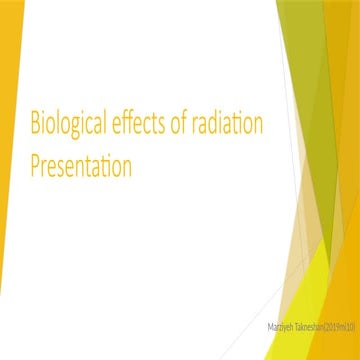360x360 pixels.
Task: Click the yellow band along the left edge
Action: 8,200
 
